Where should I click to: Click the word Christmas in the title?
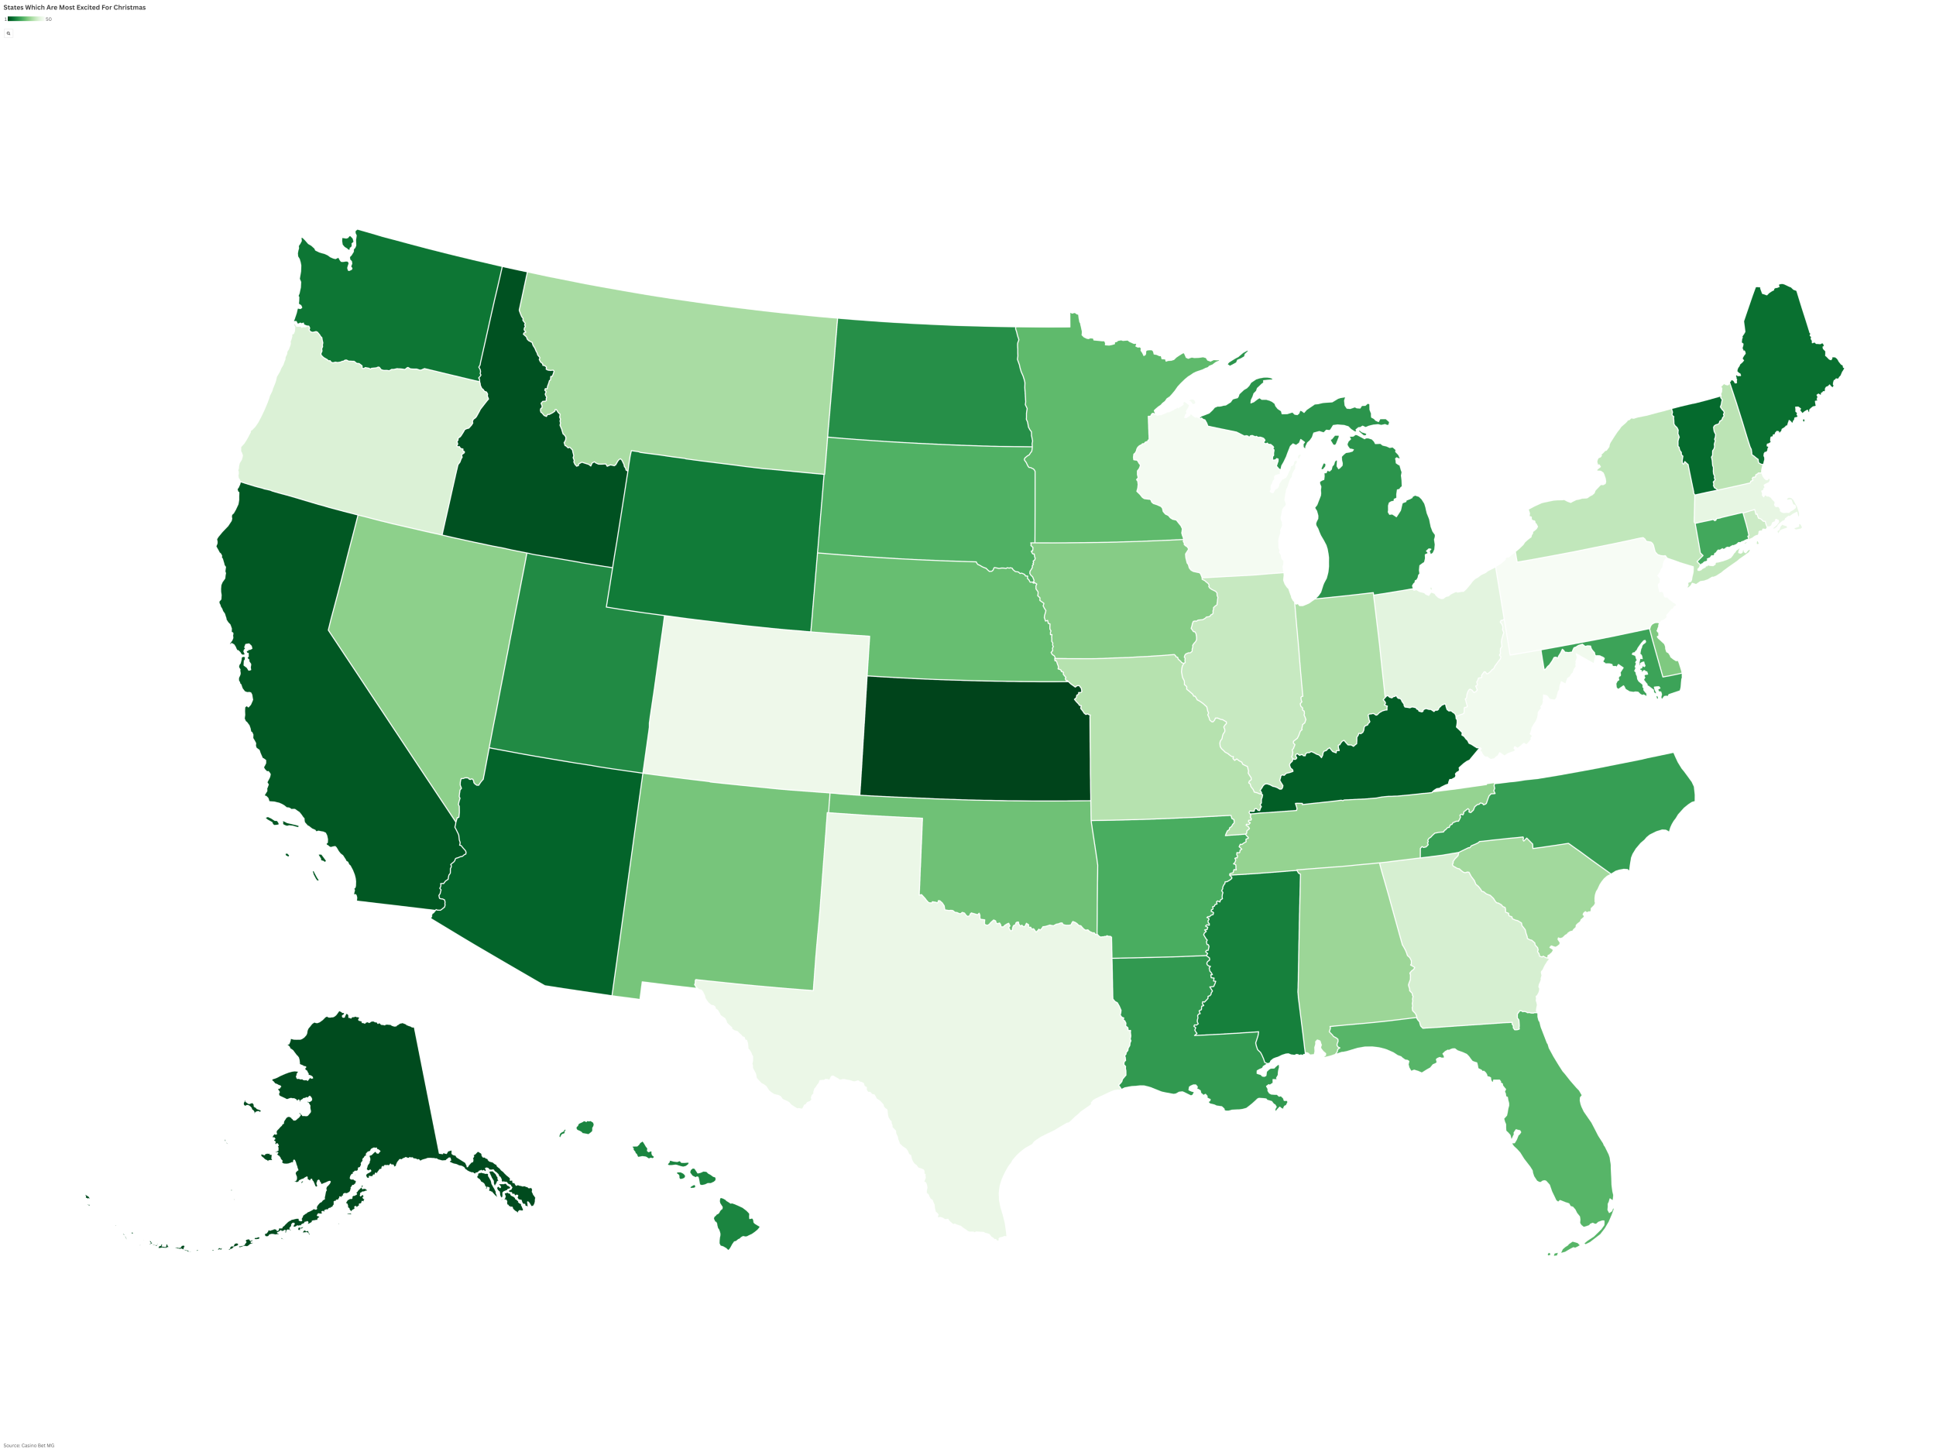coord(129,8)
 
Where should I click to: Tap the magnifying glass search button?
coord(9,33)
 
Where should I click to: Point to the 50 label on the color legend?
coord(49,19)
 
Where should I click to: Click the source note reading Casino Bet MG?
coord(29,1445)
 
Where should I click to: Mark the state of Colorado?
coord(757,705)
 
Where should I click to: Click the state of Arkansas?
coord(1155,884)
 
